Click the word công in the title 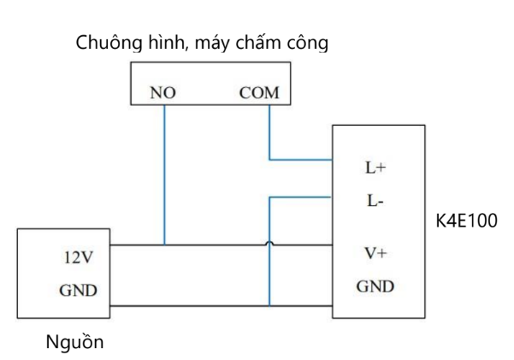(x=307, y=42)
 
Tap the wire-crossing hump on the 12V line (x=269, y=245)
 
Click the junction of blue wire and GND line (x=269, y=305)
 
